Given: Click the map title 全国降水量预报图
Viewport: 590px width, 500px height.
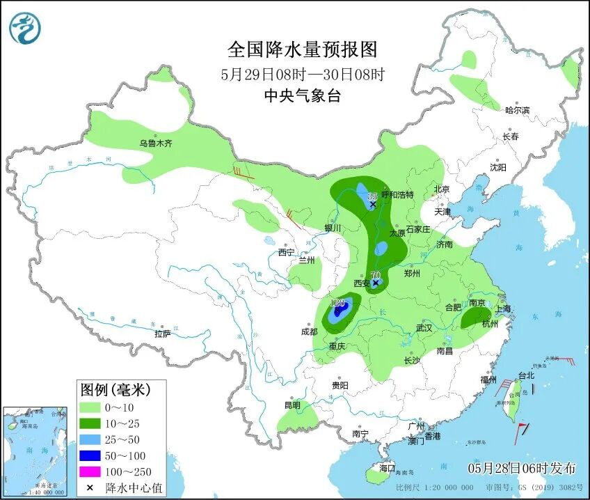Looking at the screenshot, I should [302, 49].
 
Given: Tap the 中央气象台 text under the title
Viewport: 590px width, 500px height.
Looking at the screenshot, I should [302, 97].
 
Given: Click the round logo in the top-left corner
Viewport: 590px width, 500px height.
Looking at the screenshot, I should [25, 29].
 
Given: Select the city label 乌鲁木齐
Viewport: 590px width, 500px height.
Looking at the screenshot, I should [154, 143].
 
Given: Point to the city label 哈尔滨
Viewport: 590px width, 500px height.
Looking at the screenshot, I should [517, 110].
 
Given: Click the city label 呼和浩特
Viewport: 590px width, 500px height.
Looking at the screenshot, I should [397, 195].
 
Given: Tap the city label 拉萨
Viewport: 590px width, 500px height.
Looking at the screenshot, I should [162, 334].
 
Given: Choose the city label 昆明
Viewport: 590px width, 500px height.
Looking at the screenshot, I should [292, 405].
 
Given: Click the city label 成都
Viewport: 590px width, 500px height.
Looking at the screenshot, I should [309, 331].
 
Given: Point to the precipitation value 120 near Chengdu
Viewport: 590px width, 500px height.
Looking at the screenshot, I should [339, 303].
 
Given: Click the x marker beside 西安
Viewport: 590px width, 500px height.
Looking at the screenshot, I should [376, 283].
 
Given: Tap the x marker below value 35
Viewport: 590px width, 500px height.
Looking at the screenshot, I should [373, 205].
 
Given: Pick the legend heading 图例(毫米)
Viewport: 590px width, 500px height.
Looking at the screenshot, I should [113, 389].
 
